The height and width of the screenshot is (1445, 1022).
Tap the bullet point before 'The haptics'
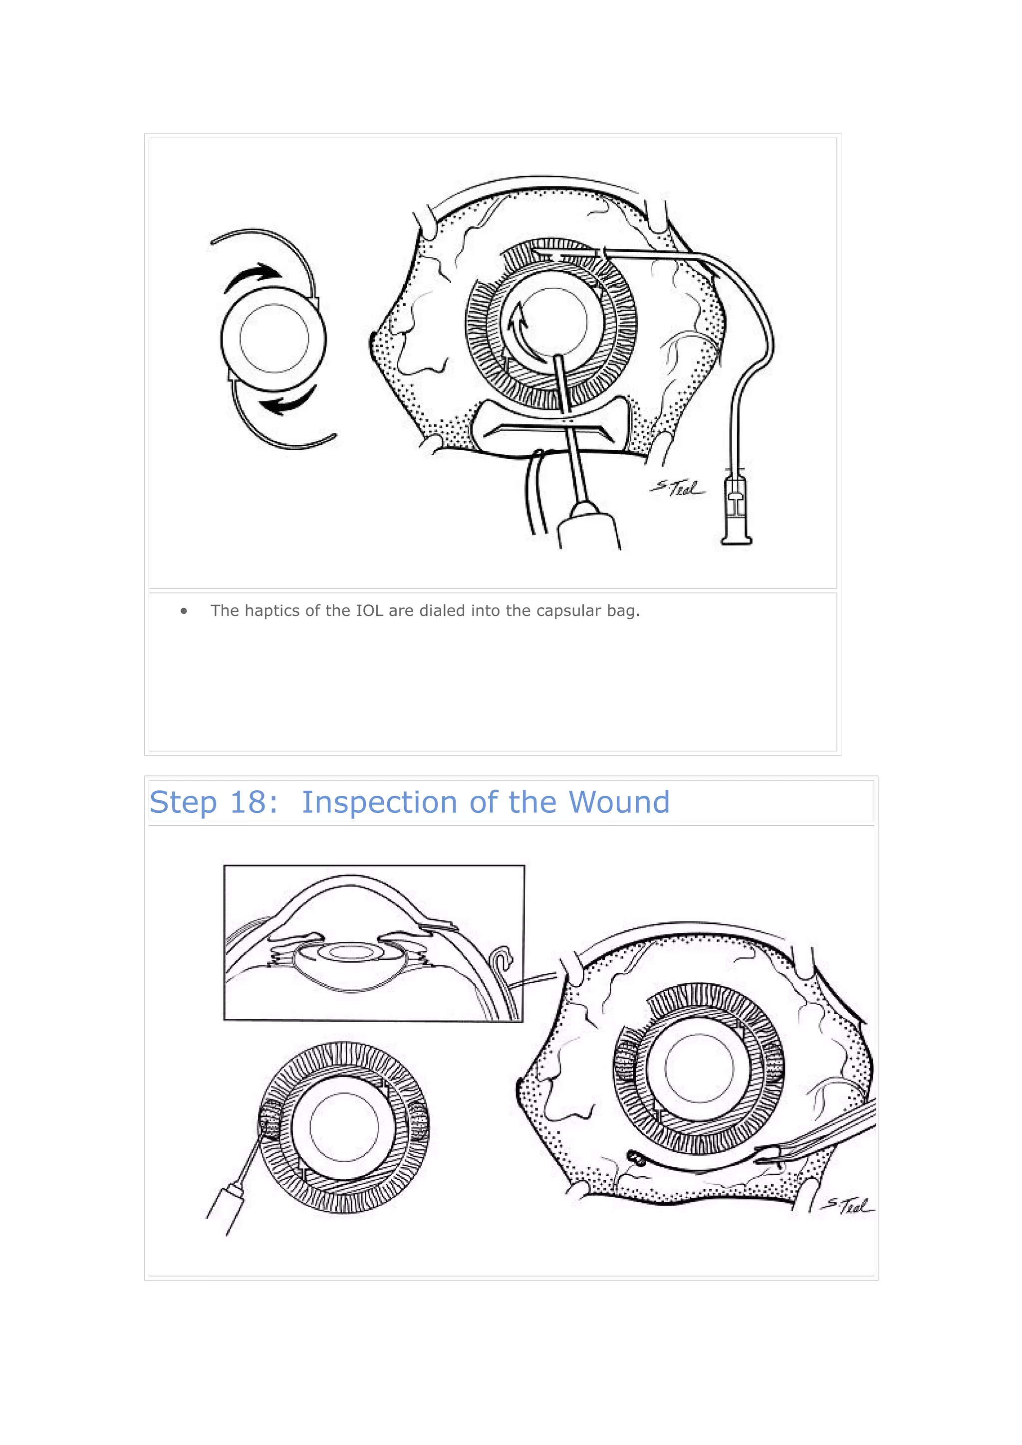tap(184, 611)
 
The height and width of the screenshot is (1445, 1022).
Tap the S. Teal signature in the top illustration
tap(677, 488)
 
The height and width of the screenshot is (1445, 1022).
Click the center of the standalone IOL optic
tap(274, 339)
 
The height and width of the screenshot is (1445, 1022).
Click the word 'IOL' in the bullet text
tap(370, 611)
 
